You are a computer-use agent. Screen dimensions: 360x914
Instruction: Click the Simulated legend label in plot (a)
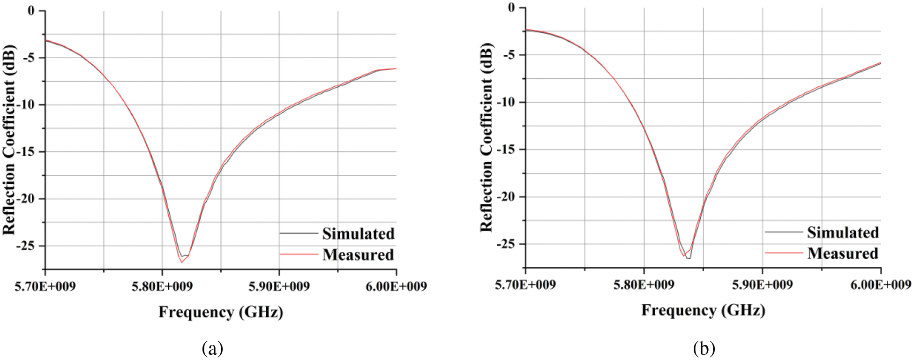click(x=358, y=233)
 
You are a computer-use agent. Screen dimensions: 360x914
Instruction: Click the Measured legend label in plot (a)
click(x=358, y=255)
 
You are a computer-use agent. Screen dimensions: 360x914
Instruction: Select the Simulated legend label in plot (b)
click(x=843, y=232)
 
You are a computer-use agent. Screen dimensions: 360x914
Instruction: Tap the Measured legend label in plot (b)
click(x=843, y=253)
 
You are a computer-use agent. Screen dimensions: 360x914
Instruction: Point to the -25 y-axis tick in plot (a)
click(x=31, y=246)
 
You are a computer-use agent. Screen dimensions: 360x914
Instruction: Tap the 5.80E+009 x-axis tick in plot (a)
click(x=162, y=286)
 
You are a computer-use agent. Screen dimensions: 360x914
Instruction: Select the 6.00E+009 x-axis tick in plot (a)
click(x=397, y=286)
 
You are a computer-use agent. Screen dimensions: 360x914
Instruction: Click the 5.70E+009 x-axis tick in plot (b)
click(x=526, y=285)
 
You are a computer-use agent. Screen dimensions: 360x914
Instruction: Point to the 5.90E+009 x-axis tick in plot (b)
click(x=763, y=285)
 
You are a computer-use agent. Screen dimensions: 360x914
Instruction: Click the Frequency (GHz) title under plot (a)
click(x=221, y=312)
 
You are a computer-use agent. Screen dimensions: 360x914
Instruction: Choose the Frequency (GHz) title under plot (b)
click(x=703, y=310)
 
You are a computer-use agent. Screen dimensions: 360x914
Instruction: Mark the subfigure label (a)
click(x=212, y=349)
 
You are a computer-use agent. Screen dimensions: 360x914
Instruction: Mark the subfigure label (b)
click(x=704, y=349)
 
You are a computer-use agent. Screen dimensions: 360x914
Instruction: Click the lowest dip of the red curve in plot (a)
click(x=181, y=262)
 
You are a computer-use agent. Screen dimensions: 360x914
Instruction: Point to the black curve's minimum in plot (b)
click(x=688, y=258)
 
